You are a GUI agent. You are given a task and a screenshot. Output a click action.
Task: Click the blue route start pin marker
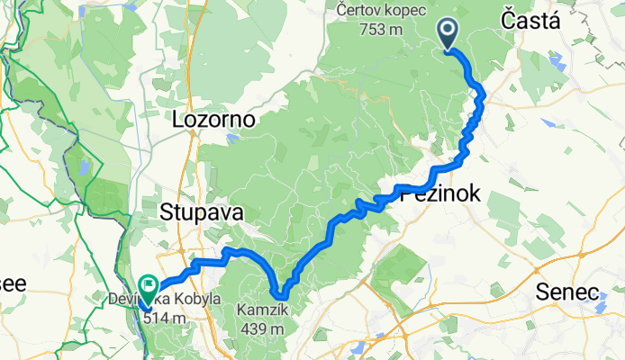448,33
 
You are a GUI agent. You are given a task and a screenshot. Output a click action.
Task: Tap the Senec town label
567,292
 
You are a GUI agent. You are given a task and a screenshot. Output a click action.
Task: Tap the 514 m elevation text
164,317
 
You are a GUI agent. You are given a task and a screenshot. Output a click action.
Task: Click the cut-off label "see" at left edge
13,283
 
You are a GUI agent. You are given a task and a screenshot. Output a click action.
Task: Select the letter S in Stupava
167,212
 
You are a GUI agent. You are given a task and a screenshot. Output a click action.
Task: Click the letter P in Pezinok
403,193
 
